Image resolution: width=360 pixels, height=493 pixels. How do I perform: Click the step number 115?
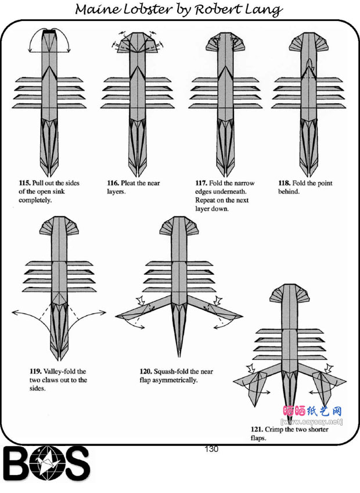25,183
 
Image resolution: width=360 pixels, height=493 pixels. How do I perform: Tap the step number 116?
114,183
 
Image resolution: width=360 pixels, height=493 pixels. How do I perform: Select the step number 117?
201,183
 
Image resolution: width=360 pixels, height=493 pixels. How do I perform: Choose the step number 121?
257,430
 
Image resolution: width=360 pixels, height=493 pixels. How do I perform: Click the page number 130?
211,449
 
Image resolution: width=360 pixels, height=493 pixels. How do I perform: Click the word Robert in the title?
219,10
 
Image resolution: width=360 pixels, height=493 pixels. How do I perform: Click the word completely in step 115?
35,200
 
